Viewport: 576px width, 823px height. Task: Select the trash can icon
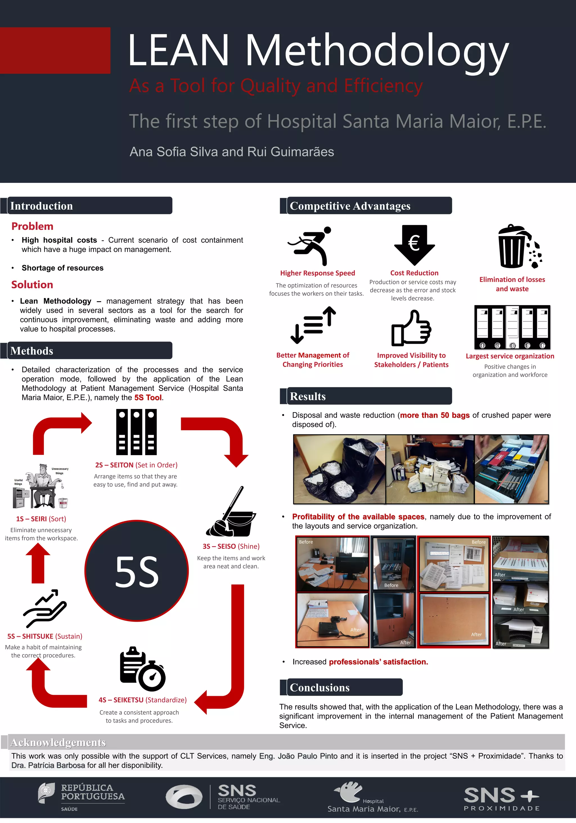(x=519, y=247)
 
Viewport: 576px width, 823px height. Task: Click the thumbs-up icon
(x=411, y=328)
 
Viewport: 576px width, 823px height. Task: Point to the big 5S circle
(x=137, y=571)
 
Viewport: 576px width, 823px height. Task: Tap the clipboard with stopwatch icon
(x=142, y=669)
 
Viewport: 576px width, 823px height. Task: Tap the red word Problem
(x=32, y=226)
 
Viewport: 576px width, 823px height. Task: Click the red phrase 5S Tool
(x=148, y=397)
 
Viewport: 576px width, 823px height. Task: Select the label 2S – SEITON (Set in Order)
(x=136, y=465)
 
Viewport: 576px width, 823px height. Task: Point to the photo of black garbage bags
(x=339, y=469)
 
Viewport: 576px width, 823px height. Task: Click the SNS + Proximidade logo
(x=501, y=799)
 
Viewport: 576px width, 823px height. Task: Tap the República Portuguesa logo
(x=82, y=797)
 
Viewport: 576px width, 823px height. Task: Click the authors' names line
(x=231, y=152)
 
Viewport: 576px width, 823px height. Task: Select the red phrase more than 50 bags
(x=435, y=415)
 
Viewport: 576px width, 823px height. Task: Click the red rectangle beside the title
(x=55, y=51)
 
